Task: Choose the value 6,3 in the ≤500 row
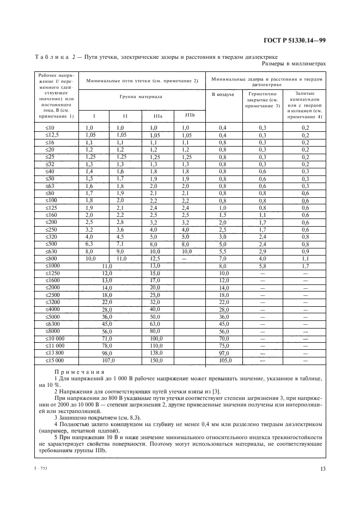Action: pos(90,245)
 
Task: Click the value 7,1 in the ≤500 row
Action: pos(121,245)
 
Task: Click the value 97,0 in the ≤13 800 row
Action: pos(224,353)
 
